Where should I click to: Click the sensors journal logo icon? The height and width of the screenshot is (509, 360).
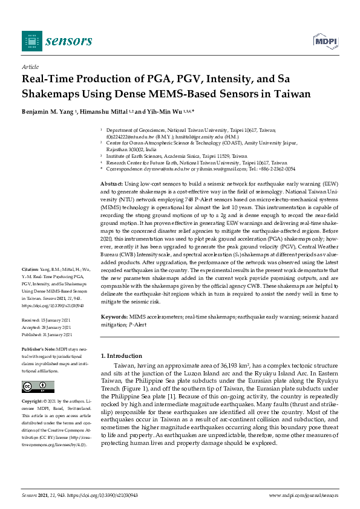click(x=32, y=41)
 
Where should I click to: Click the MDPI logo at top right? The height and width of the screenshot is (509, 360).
click(x=324, y=41)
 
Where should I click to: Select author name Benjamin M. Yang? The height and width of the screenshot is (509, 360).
click(x=49, y=112)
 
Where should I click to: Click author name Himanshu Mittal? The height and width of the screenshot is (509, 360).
click(x=107, y=112)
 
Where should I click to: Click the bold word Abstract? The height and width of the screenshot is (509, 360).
click(x=111, y=183)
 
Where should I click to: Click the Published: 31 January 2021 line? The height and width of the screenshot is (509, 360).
click(x=50, y=334)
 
